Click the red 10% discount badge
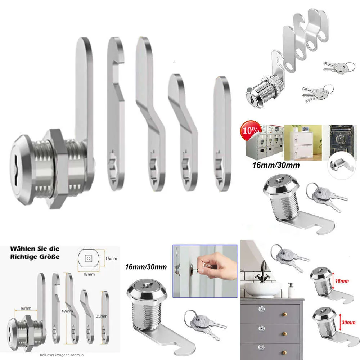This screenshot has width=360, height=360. click(x=251, y=130)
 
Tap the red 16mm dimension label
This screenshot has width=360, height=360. click(x=342, y=281)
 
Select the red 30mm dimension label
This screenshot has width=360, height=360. click(x=348, y=322)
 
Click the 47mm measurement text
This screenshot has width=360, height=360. click(x=67, y=311)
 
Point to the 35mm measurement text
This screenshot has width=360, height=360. click(x=102, y=316)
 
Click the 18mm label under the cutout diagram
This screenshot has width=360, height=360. click(x=89, y=274)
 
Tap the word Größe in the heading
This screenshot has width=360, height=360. click(x=50, y=256)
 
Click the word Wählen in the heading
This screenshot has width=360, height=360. click(x=22, y=249)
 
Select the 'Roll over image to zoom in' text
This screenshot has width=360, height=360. click(x=62, y=355)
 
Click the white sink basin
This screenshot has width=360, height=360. click(x=262, y=290)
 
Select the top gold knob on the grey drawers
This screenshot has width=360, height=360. click(x=285, y=314)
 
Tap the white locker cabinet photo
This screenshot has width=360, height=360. click(x=303, y=142)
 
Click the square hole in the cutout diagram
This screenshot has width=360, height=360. click(x=89, y=258)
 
